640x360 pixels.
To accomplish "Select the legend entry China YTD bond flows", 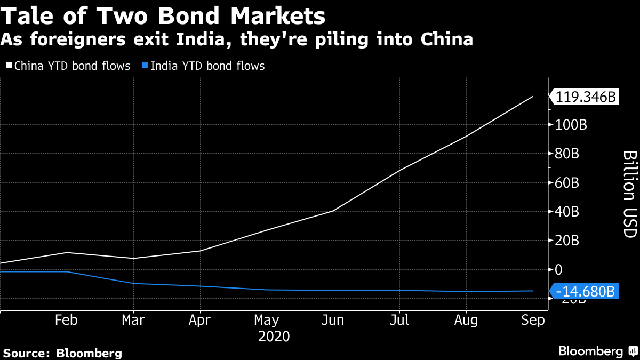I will click(x=68, y=66).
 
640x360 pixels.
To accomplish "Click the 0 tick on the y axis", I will click(x=558, y=269).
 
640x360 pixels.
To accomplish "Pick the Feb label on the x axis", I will click(x=67, y=320).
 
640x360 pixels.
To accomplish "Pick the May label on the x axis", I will click(x=267, y=320).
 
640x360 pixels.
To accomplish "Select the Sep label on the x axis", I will click(x=533, y=320).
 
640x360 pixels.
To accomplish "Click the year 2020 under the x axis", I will click(x=274, y=337).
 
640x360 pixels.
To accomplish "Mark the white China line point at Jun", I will click(x=333, y=211).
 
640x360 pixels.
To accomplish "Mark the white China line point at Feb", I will click(x=67, y=252).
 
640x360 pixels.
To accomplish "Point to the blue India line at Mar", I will click(x=133, y=283).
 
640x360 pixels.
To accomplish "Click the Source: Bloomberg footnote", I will click(x=63, y=353).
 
